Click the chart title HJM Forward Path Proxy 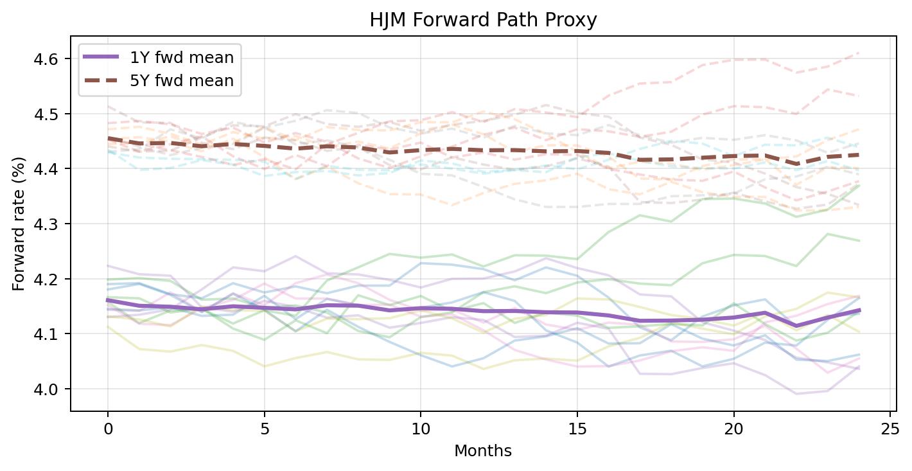coord(483,21)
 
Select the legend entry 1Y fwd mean coord(182,57)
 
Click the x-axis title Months coord(483,451)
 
